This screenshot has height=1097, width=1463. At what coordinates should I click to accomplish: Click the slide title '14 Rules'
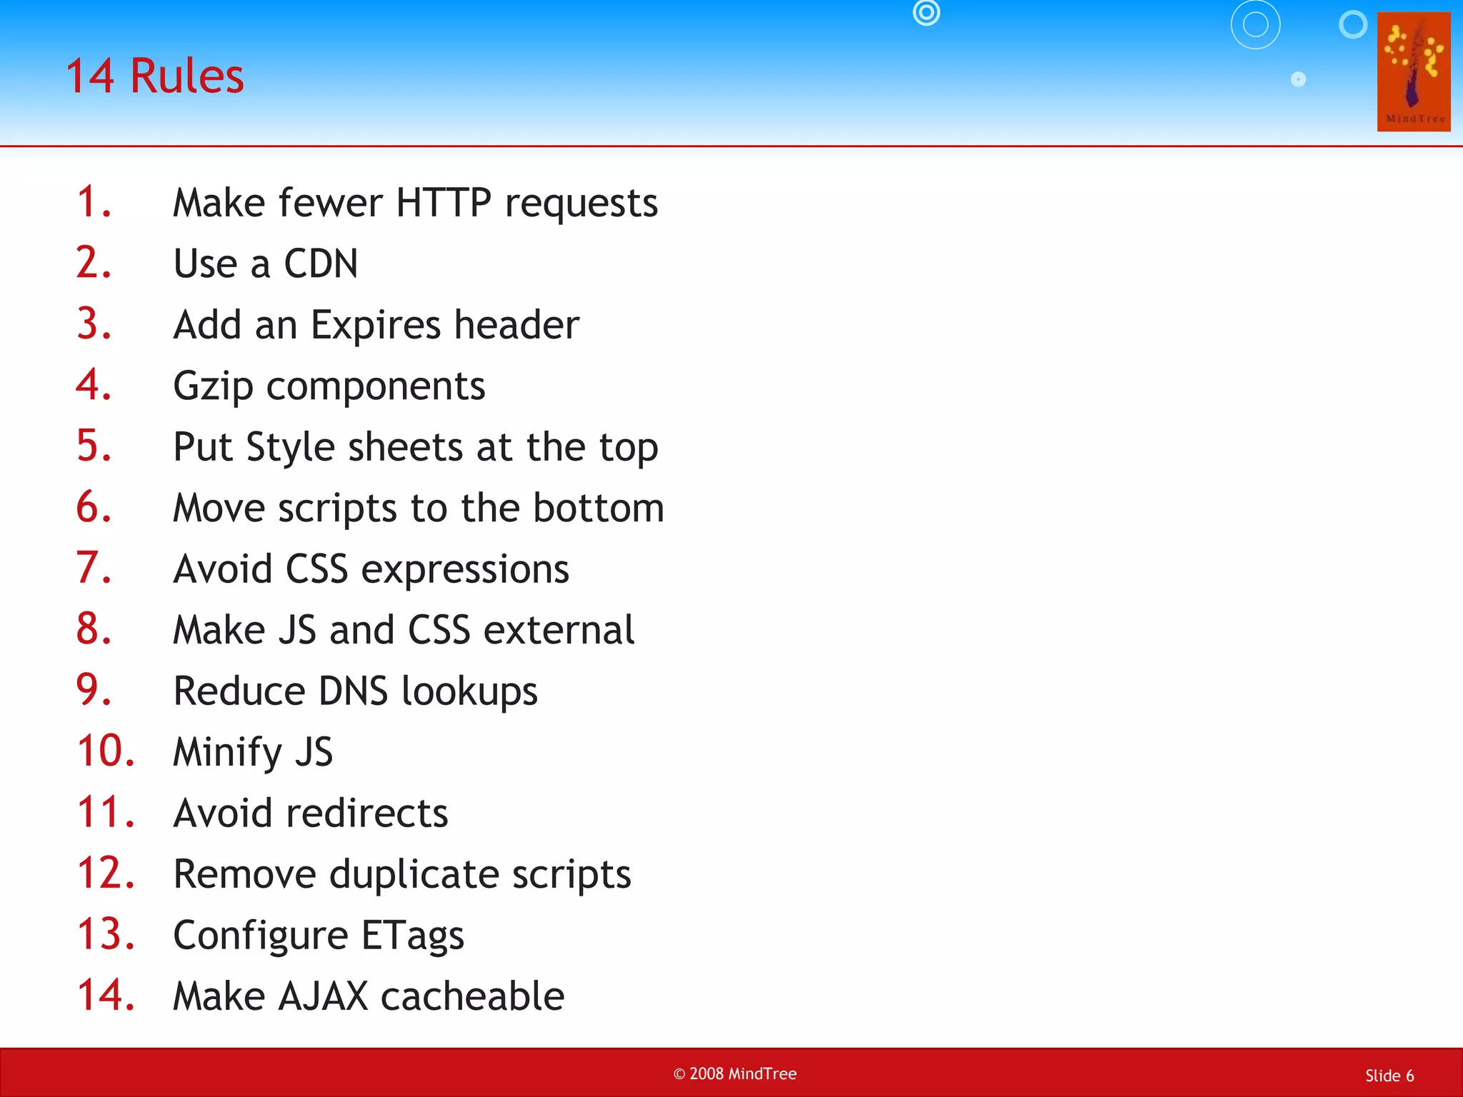click(x=154, y=76)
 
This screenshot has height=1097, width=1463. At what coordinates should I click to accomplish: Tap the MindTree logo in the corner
click(x=1413, y=71)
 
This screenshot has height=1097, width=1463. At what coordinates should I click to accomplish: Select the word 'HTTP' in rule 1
click(x=444, y=203)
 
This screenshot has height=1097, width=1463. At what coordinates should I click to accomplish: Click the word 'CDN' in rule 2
click(x=321, y=264)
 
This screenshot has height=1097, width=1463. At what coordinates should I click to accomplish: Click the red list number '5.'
click(x=94, y=446)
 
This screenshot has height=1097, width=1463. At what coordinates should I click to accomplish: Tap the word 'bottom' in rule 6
click(x=599, y=508)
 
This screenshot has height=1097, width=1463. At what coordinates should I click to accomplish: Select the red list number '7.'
click(x=94, y=568)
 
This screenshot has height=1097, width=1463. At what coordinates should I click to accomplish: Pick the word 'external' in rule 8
click(x=559, y=630)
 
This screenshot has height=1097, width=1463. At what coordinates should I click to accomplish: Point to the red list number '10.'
click(x=106, y=751)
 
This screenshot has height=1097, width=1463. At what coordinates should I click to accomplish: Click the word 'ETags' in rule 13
click(x=412, y=936)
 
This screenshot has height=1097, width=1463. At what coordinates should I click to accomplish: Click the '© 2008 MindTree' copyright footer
click(x=734, y=1074)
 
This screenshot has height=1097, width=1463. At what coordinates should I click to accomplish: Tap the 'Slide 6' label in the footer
click(x=1389, y=1076)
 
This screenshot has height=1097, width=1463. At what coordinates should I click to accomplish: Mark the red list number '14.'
click(x=106, y=996)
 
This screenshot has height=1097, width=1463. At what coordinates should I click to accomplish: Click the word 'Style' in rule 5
click(x=290, y=448)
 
